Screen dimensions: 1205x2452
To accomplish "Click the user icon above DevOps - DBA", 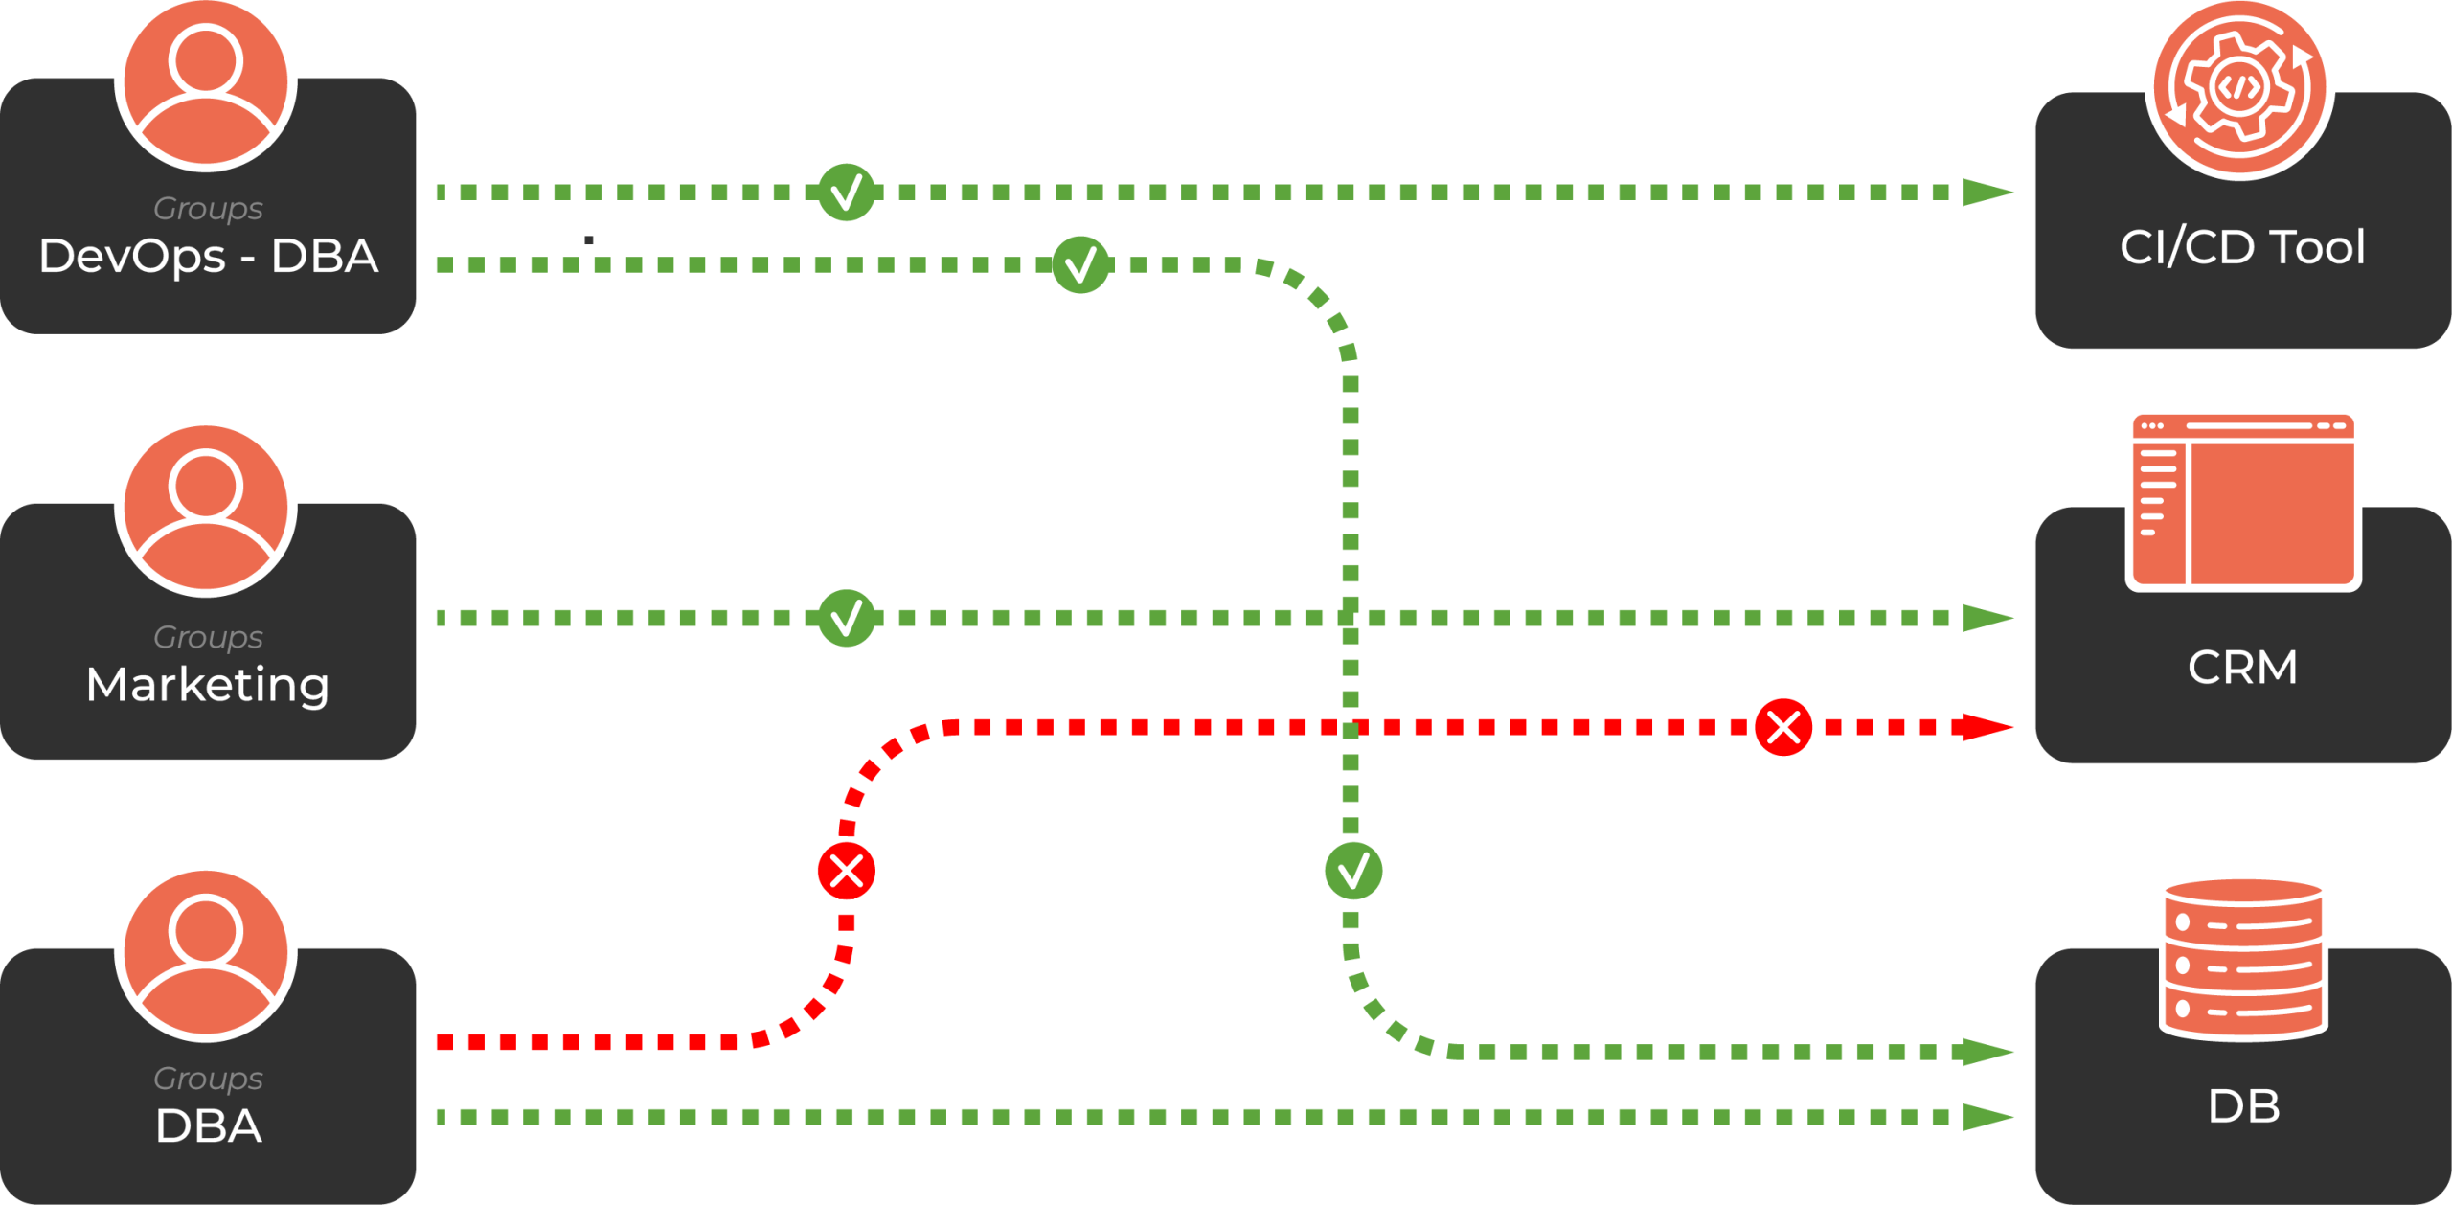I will coord(206,83).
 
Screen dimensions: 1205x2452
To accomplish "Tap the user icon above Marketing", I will coord(206,509).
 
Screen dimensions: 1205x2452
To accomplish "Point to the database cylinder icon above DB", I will coord(2242,958).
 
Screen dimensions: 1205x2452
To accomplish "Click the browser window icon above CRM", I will coord(2242,500).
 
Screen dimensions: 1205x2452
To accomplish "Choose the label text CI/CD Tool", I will coord(2242,247).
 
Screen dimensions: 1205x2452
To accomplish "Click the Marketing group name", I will coord(208,685).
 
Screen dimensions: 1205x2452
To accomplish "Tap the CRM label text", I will coord(2242,668).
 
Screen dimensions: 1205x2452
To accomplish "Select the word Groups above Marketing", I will coord(208,637).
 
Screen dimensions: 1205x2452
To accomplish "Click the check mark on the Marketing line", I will coord(847,618).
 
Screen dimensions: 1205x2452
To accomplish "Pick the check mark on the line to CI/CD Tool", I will coord(847,193).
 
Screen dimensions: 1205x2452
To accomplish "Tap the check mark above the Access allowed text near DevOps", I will coord(1080,264).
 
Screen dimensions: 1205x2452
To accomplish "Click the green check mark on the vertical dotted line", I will coord(1352,871).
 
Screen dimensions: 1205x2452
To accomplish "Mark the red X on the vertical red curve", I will coord(847,871).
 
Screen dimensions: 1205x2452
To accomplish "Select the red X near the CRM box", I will coord(1783,727).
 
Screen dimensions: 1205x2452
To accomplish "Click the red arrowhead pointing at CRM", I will coord(1987,727).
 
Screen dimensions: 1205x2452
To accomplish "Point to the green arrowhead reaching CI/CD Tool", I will coord(1987,193).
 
